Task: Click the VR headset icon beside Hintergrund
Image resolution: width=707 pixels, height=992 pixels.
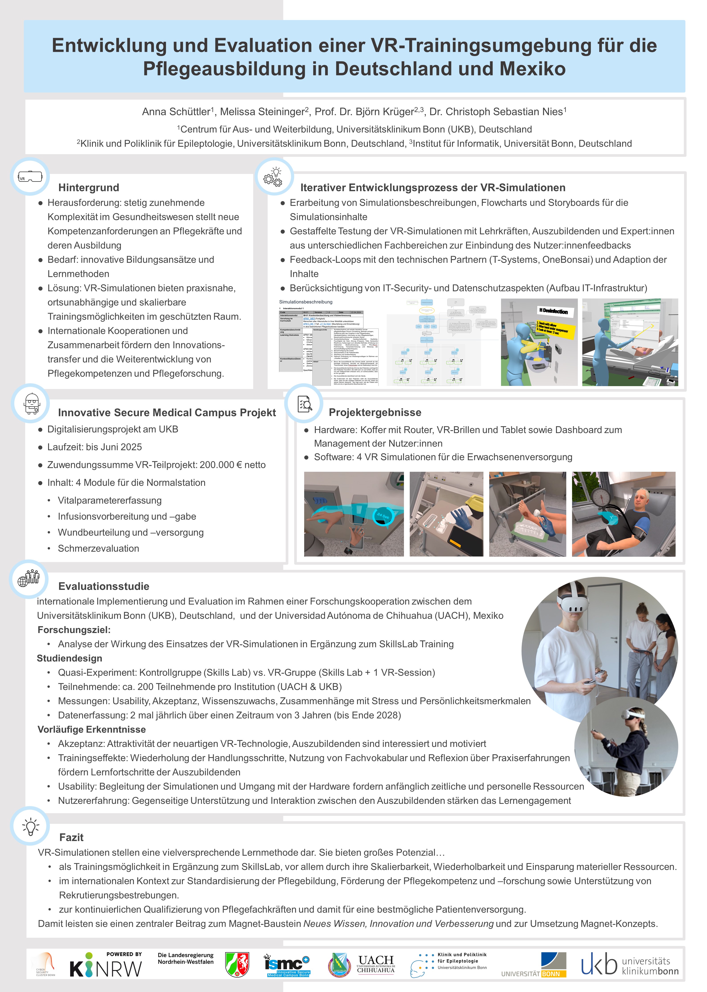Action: point(30,177)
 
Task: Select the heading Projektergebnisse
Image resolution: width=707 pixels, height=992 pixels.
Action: point(375,412)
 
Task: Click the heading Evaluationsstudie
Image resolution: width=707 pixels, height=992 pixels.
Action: point(104,586)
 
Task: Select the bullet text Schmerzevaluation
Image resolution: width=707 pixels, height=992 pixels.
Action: point(98,548)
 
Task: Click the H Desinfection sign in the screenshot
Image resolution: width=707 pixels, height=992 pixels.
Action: point(553,311)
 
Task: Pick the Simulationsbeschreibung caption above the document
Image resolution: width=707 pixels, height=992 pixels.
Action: point(306,302)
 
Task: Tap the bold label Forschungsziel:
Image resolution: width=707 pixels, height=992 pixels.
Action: point(74,630)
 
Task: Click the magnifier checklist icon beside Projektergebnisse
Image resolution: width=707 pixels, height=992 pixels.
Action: point(304,404)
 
